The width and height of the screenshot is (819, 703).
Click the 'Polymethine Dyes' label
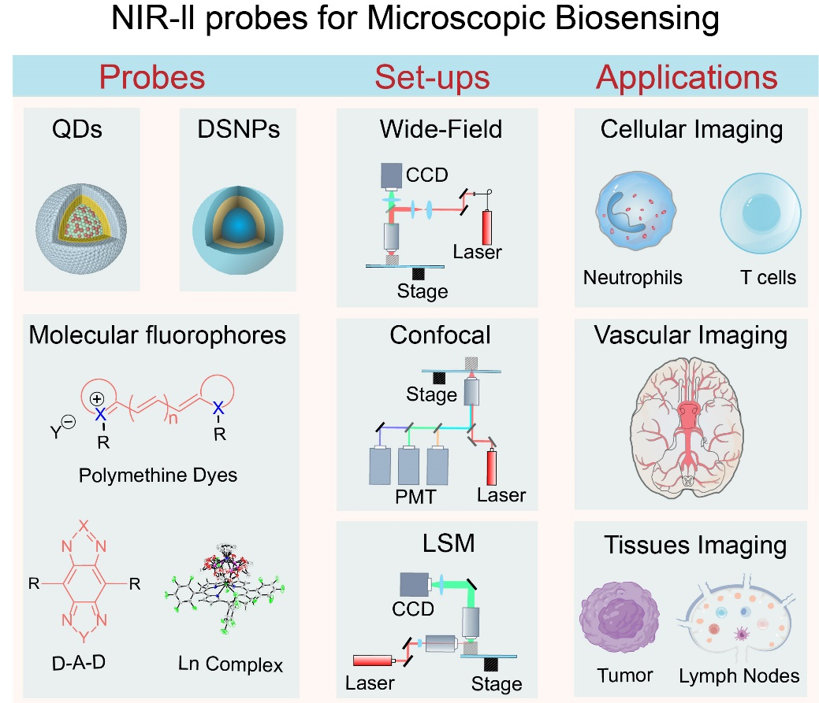tap(158, 475)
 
